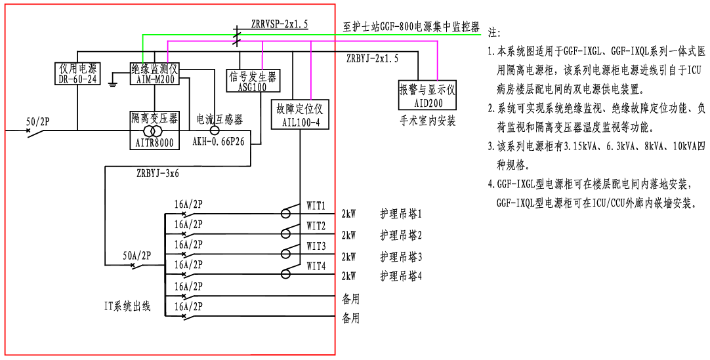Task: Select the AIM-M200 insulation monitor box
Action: (x=154, y=73)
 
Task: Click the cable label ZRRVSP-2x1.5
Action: (x=279, y=24)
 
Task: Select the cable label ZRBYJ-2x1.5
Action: (x=372, y=59)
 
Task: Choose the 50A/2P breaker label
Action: (x=136, y=256)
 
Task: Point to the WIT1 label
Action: (x=316, y=206)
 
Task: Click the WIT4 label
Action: (x=316, y=267)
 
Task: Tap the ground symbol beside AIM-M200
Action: (x=114, y=81)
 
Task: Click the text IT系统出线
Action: (x=128, y=306)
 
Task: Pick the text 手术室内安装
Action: (x=427, y=121)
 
